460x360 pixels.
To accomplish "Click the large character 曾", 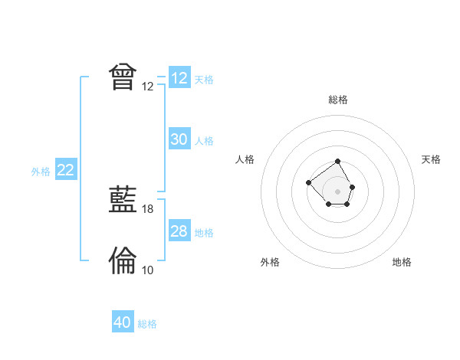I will pyautogui.click(x=123, y=77).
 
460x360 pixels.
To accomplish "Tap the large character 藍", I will pyautogui.click(x=123, y=201).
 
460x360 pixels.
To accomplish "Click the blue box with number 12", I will pyautogui.click(x=179, y=78).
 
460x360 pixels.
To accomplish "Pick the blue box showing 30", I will pyautogui.click(x=179, y=139).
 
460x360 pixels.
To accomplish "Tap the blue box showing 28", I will pyautogui.click(x=179, y=231).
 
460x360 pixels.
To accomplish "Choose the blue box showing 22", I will pyautogui.click(x=65, y=170).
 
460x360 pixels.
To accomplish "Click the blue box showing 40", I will pyautogui.click(x=122, y=322).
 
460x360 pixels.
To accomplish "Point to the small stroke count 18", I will pyautogui.click(x=148, y=209).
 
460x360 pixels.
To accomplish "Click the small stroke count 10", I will pyautogui.click(x=148, y=270).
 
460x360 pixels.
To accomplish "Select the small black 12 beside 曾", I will pyautogui.click(x=148, y=87).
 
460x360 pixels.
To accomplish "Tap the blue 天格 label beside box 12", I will pyautogui.click(x=204, y=80).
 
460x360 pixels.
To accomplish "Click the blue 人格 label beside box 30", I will pyautogui.click(x=204, y=141).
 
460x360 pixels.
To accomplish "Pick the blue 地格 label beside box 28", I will pyautogui.click(x=204, y=233).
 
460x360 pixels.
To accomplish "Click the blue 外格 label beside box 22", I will pyautogui.click(x=41, y=172).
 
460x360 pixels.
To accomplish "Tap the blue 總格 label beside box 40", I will pyautogui.click(x=147, y=324).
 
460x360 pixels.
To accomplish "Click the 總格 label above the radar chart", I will pyautogui.click(x=338, y=100).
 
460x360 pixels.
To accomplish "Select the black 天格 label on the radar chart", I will pyautogui.click(x=432, y=159).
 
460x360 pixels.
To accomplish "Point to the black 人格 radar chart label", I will pyautogui.click(x=245, y=159).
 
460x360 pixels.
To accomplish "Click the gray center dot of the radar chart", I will pyautogui.click(x=338, y=191).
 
